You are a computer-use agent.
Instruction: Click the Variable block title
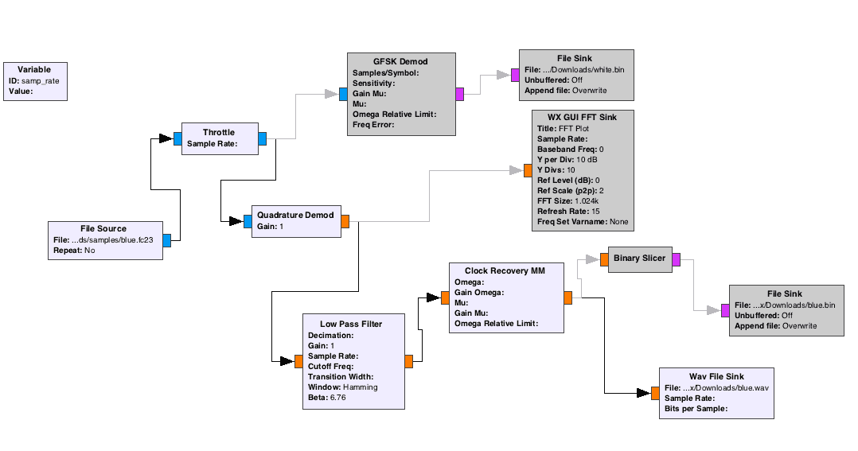point(34,70)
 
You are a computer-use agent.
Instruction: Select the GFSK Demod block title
point(401,62)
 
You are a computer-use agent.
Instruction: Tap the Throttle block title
point(219,133)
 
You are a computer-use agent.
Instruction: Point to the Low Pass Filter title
point(351,324)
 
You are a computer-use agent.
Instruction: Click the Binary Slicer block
point(639,259)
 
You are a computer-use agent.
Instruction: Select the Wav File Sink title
point(716,377)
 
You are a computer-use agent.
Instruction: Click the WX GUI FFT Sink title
point(583,117)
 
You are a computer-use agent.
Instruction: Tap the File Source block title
point(103,229)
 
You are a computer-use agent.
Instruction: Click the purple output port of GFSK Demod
point(460,94)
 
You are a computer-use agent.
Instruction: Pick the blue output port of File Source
point(167,240)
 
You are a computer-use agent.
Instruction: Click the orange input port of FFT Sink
point(527,170)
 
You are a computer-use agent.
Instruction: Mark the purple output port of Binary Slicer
point(676,259)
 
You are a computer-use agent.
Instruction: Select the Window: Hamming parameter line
point(343,387)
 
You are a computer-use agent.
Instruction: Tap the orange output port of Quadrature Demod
point(345,221)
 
